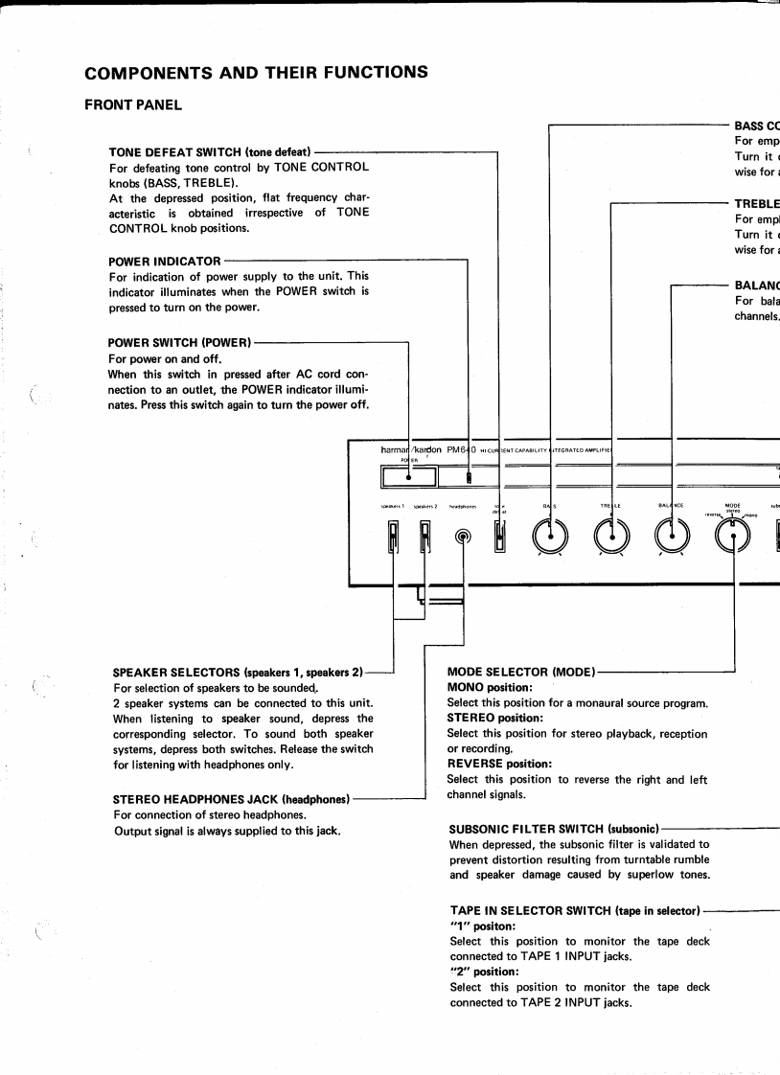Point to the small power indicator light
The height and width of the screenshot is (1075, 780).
tap(468, 476)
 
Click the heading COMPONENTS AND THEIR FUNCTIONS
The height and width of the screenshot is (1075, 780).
tap(255, 73)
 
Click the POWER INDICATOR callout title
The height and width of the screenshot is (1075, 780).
tap(165, 261)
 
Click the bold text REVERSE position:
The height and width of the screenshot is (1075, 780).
tap(498, 764)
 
